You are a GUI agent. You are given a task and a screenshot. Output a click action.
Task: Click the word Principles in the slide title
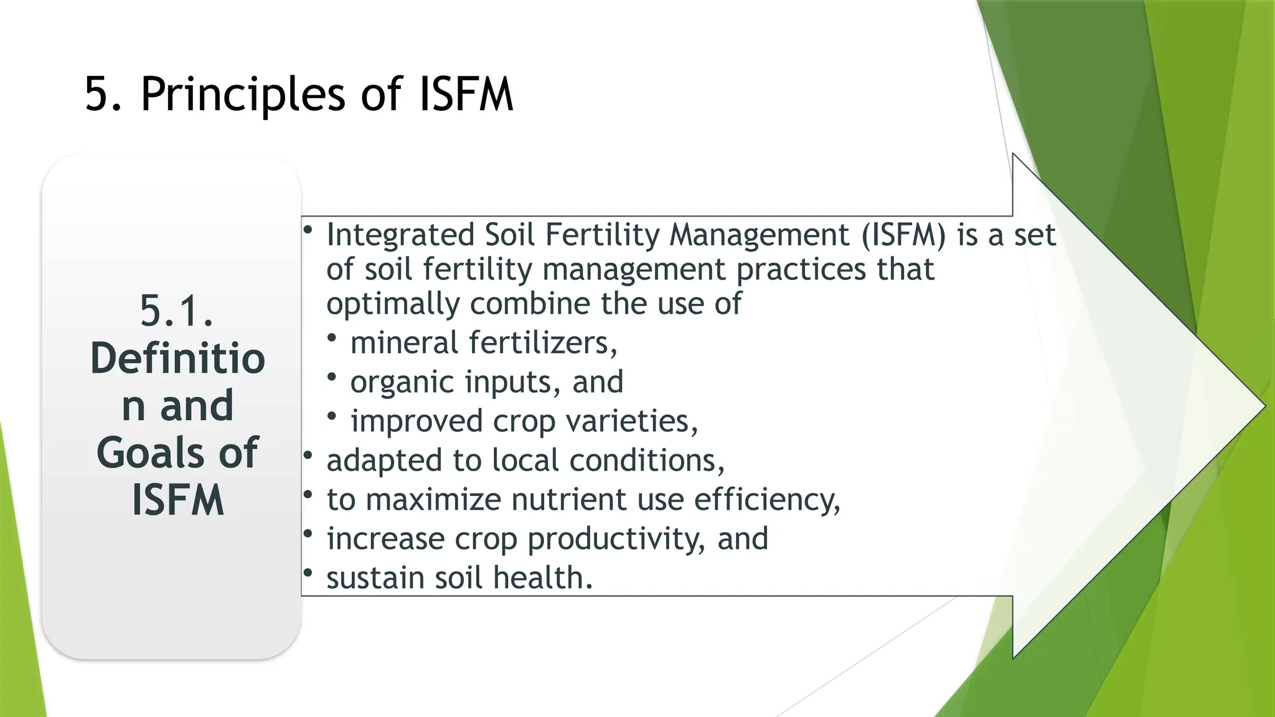[242, 95]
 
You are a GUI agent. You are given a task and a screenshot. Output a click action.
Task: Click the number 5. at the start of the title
[103, 95]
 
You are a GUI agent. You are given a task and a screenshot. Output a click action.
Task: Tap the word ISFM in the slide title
[466, 95]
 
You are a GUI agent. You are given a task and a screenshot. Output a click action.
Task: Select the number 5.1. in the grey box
[177, 311]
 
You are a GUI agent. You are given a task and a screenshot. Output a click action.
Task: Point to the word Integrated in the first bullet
[400, 235]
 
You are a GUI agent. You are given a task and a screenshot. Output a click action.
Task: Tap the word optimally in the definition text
[392, 304]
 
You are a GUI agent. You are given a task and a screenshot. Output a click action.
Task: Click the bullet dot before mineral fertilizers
[332, 338]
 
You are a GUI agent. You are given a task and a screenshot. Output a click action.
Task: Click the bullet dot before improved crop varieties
[332, 416]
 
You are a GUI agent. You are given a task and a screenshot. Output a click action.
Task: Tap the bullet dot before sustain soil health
[308, 573]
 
